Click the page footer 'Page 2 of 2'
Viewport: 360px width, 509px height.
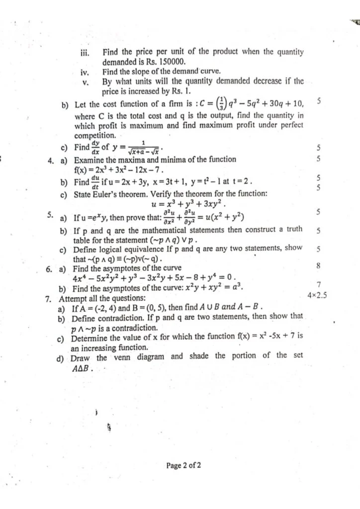[184, 466]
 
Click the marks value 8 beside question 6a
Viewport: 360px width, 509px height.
[318, 266]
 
